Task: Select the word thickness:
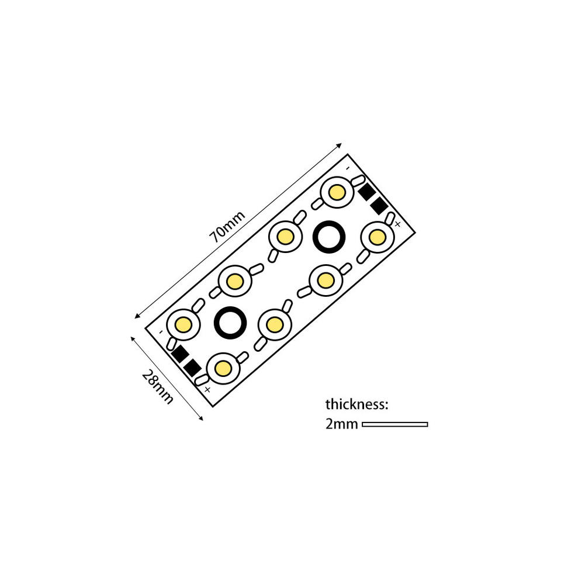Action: pos(356,404)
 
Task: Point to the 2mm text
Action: pos(341,424)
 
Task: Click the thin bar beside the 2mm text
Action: pos(395,424)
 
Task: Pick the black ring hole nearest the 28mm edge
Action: pos(230,321)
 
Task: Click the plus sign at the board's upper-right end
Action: pos(397,224)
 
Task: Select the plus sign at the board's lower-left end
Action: pos(207,388)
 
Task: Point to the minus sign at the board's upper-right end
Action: pos(347,169)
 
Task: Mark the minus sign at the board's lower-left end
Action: pos(160,333)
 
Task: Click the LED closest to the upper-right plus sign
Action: pos(377,237)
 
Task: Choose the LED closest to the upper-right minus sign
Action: pos(336,191)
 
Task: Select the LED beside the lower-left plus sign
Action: pos(222,368)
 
